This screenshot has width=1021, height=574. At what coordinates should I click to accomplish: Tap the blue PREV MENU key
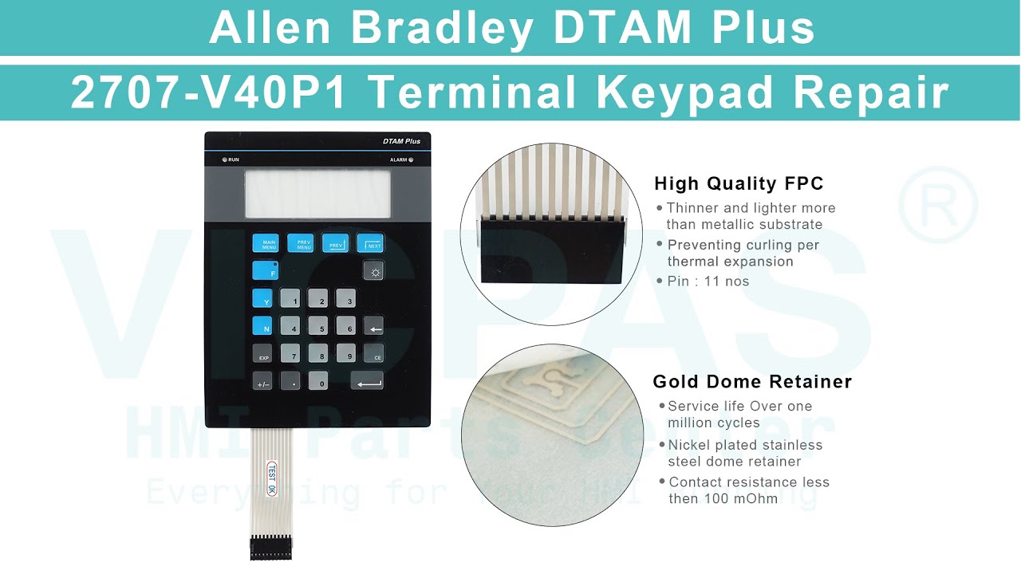click(x=304, y=243)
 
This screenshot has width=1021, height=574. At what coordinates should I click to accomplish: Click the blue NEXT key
click(x=370, y=243)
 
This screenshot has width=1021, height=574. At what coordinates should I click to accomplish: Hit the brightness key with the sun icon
click(x=373, y=271)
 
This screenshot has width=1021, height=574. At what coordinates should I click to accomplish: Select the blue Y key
click(x=262, y=299)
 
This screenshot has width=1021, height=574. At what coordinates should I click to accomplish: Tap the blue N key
click(x=262, y=326)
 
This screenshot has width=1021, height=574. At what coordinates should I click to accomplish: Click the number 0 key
click(x=318, y=381)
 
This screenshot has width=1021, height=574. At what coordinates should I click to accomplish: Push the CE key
click(x=373, y=354)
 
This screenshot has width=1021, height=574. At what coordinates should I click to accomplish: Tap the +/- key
click(x=262, y=381)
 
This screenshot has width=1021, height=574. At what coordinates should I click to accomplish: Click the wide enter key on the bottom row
click(x=367, y=381)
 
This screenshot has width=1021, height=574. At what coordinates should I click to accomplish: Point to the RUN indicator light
click(x=224, y=159)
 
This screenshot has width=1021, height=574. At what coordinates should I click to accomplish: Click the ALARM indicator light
click(x=412, y=159)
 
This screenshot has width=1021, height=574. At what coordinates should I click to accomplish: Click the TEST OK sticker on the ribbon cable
click(x=272, y=478)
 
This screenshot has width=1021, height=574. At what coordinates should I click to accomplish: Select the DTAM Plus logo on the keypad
click(x=401, y=141)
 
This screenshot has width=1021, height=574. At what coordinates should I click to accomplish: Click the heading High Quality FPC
click(x=739, y=183)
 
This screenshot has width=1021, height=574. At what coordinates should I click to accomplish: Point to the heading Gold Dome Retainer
click(x=752, y=382)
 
